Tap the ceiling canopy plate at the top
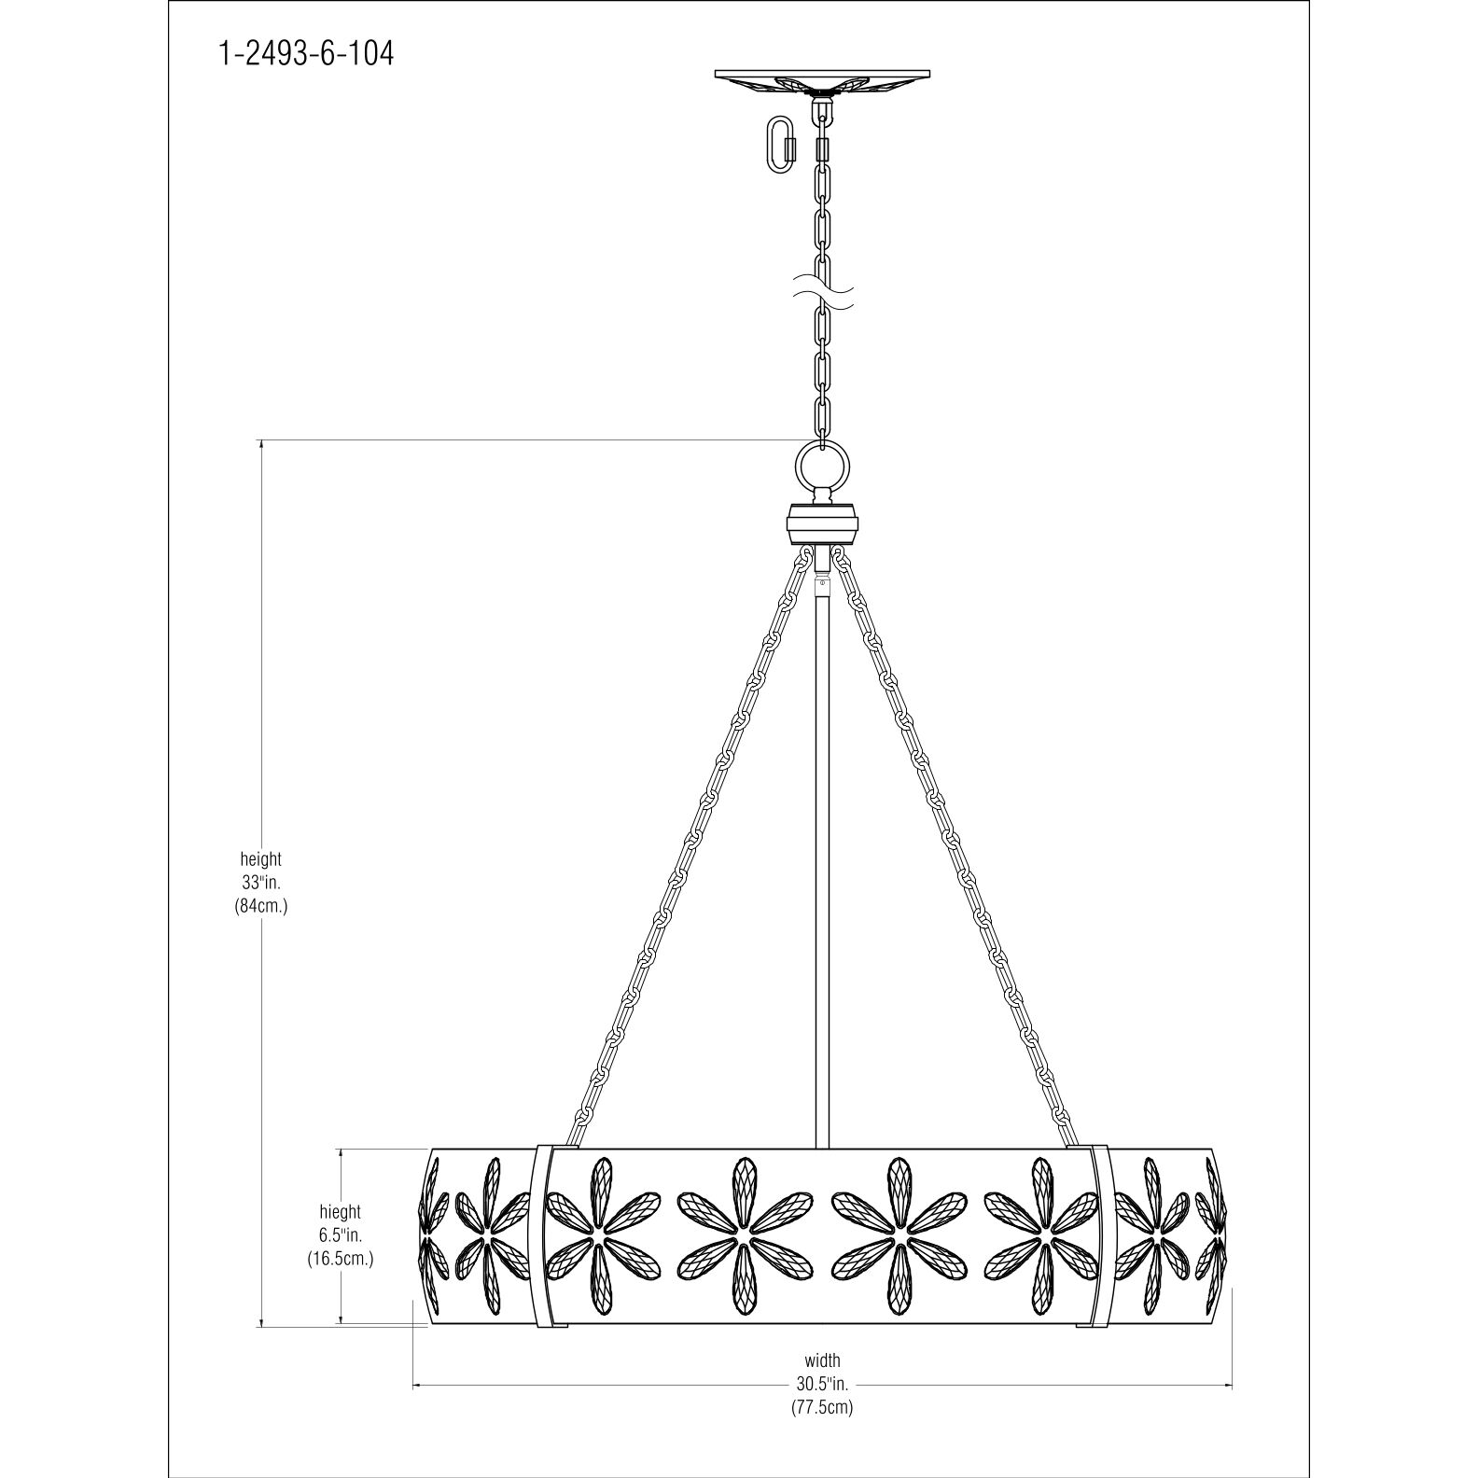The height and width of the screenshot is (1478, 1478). (822, 77)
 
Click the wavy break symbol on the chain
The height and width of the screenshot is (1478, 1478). (822, 291)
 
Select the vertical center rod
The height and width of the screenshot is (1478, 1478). (822, 840)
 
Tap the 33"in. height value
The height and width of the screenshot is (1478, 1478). (260, 882)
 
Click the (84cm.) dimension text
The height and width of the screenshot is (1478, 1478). (260, 905)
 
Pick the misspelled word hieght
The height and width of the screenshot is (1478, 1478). (340, 1212)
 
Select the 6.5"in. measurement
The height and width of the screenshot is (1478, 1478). (340, 1235)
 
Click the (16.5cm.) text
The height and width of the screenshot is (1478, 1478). (340, 1259)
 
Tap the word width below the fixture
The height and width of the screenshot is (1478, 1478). (822, 1360)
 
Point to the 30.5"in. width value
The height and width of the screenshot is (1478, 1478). (822, 1384)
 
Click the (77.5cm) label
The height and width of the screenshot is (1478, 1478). (822, 1407)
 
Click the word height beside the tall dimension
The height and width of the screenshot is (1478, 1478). (260, 858)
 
